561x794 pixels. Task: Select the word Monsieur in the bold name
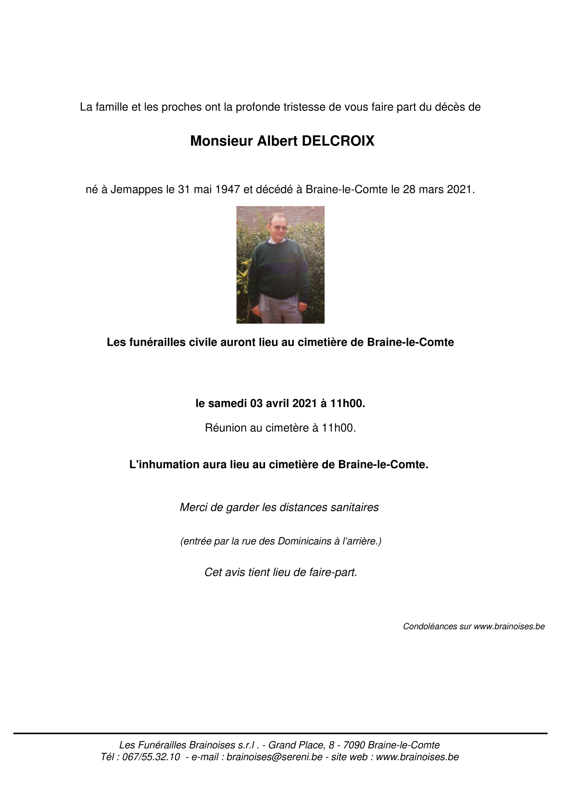(x=221, y=141)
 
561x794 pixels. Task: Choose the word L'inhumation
(x=158, y=465)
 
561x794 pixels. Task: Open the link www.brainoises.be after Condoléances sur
(x=509, y=626)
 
